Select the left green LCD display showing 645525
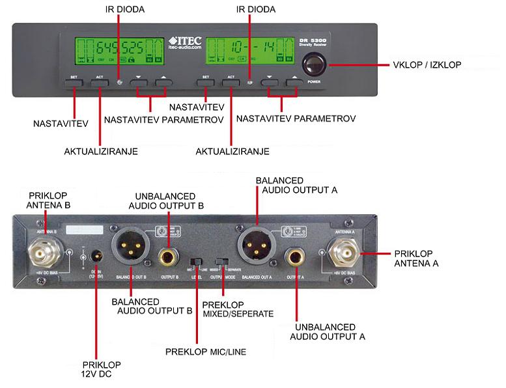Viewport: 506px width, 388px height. coord(117,51)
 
